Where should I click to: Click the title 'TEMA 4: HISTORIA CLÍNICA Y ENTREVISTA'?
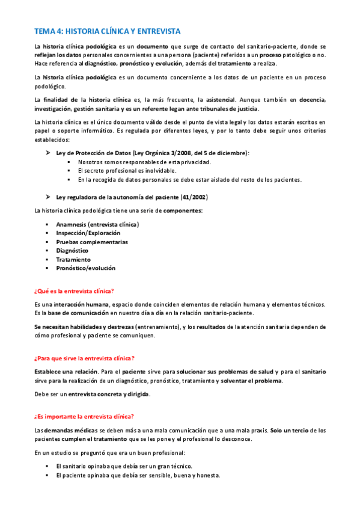(107, 31)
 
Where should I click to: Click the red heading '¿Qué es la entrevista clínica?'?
(74, 290)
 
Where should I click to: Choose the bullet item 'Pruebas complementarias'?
(92, 242)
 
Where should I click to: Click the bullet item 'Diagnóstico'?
(72, 251)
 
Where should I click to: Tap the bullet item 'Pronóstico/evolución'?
(86, 268)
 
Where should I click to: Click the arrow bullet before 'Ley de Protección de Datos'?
(48, 153)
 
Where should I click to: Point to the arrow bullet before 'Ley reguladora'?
(48, 197)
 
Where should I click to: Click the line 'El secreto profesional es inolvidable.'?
(126, 171)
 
